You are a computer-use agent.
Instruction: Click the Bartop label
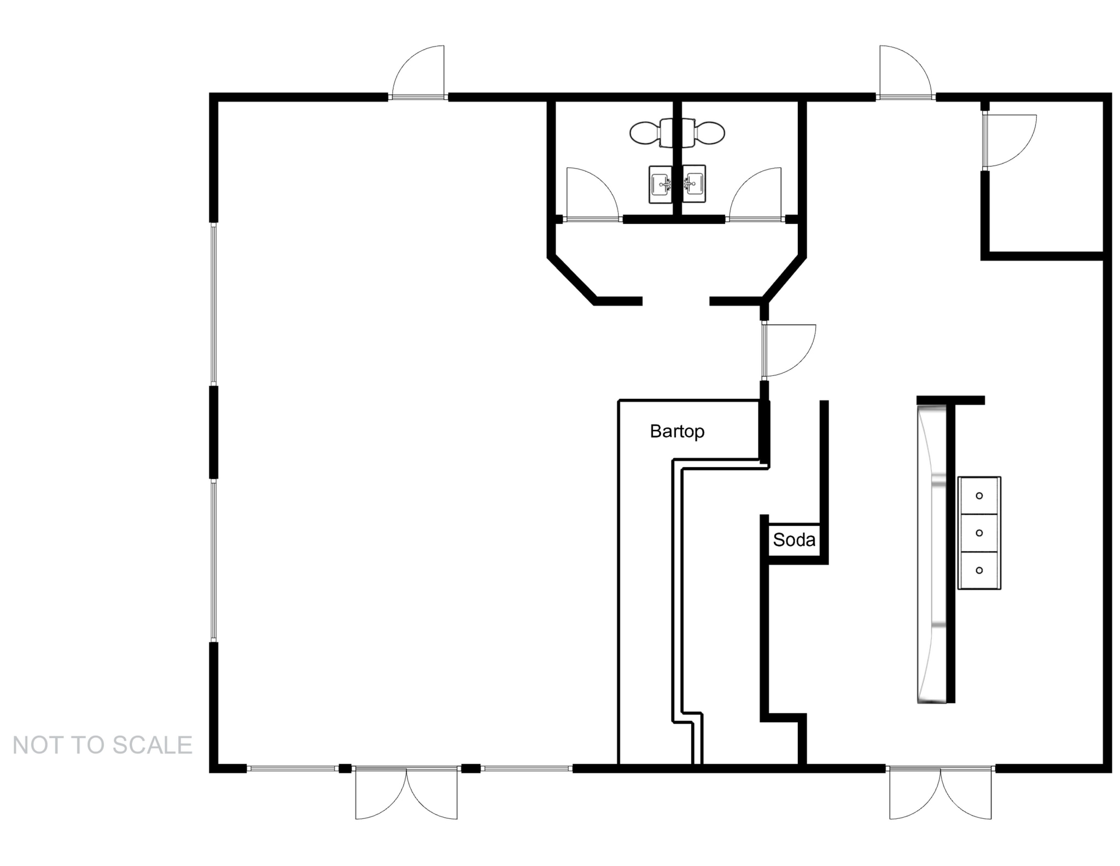coord(676,432)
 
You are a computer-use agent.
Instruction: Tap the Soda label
coord(794,540)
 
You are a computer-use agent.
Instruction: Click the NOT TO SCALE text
coord(102,745)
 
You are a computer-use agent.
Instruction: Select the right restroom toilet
coord(705,133)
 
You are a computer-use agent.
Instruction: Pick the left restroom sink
coord(661,184)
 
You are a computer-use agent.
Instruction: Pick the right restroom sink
coord(693,184)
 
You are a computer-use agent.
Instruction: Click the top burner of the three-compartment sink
coord(979,496)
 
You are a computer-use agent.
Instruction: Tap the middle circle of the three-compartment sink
coord(979,533)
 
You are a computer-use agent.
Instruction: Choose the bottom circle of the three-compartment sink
coord(979,570)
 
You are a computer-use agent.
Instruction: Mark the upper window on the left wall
coord(214,304)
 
